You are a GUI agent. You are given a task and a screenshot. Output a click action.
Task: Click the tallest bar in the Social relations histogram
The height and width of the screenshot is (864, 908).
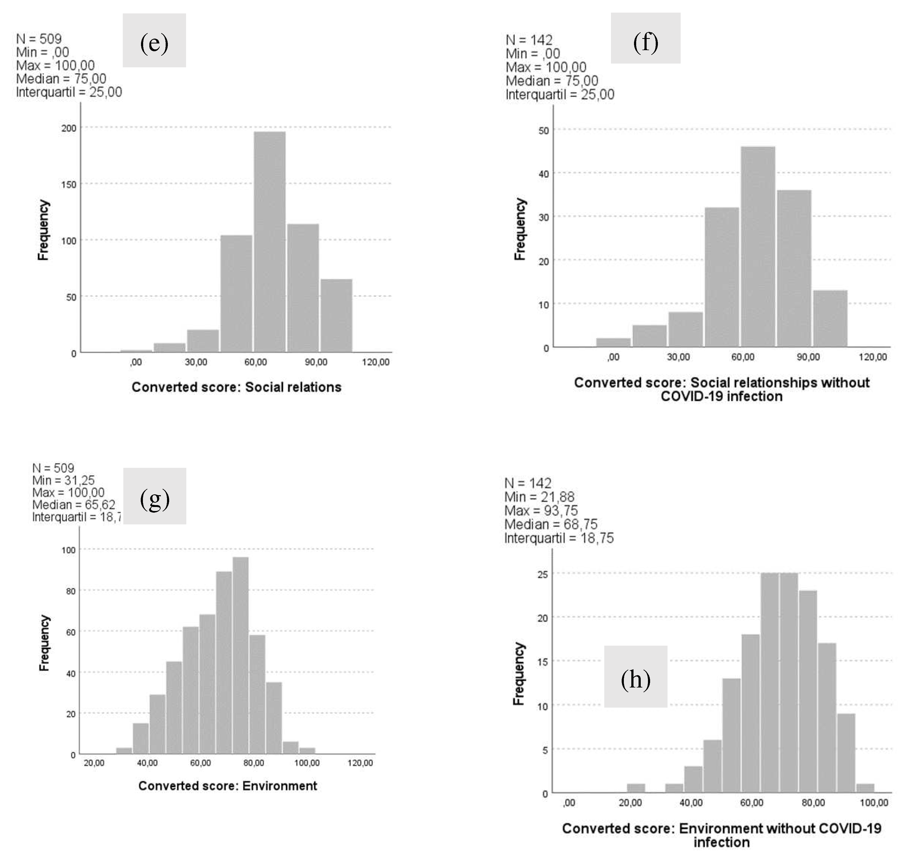coord(270,242)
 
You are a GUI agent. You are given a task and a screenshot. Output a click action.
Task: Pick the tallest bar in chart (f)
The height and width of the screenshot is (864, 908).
coord(758,247)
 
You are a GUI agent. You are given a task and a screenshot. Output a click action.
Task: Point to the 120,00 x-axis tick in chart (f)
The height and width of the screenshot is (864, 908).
coord(873,357)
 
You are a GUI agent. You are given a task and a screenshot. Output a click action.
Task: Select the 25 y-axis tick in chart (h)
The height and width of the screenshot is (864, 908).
coord(543,575)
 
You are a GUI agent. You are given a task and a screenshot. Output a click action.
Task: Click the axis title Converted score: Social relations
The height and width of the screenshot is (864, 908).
coord(236,387)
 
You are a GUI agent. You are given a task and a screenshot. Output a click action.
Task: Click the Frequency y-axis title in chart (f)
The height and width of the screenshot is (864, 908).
coord(520,229)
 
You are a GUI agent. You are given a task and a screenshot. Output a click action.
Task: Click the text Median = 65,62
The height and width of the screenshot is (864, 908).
coord(74,505)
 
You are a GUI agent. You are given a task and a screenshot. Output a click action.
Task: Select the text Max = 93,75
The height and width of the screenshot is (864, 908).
coord(541,511)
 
